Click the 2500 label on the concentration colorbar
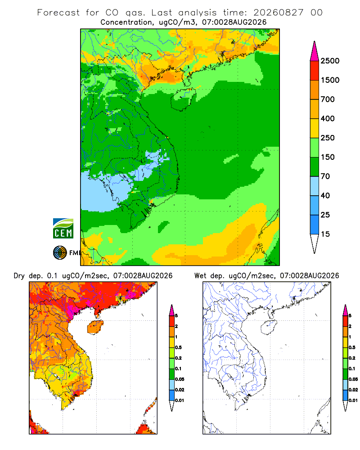pos(330,61)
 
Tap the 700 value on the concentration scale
pos(328,99)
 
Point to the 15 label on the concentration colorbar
pos(325,234)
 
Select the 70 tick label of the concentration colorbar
pos(325,176)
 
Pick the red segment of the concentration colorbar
pos(315,71)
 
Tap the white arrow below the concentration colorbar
pos(315,243)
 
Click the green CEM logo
pos(63,229)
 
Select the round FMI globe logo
pos(60,253)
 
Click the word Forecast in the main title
pos(58,13)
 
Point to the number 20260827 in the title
pos(278,13)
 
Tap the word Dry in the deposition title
pos(19,276)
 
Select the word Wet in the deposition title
pos(200,276)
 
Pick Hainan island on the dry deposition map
pos(95,327)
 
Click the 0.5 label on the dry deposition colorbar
pos(178,347)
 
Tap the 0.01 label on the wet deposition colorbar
pos(353,400)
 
